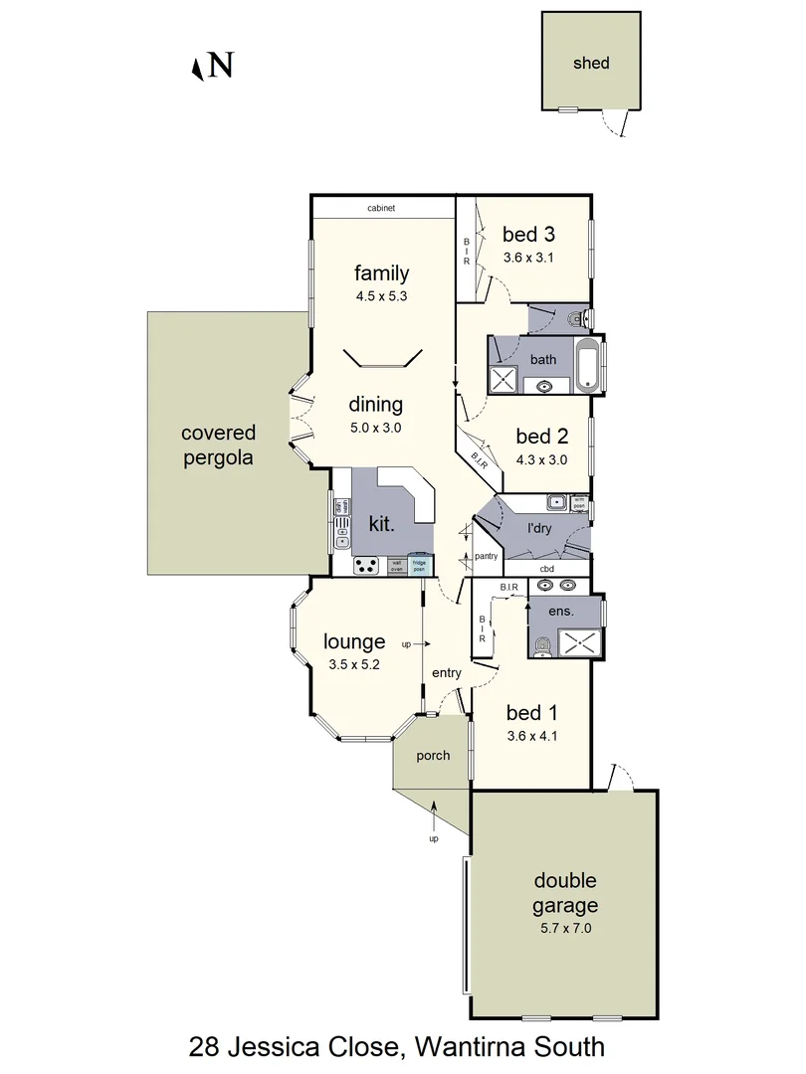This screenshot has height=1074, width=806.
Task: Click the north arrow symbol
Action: (x=198, y=68)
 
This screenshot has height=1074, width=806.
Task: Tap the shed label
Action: (x=591, y=63)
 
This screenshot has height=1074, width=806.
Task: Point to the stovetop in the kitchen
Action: (x=366, y=565)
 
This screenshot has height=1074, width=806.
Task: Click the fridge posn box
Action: (x=421, y=564)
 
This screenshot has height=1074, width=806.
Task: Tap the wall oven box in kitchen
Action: (x=396, y=564)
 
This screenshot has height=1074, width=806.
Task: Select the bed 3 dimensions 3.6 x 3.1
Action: (x=528, y=257)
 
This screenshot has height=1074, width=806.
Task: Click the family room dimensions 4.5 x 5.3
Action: (x=382, y=295)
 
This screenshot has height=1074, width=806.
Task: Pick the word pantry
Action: (x=486, y=557)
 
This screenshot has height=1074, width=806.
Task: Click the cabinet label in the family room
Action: (x=381, y=208)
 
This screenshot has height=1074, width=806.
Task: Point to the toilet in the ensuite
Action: (x=541, y=648)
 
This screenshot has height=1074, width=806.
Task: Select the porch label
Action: (x=434, y=756)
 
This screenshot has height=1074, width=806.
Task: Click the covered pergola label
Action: (x=219, y=446)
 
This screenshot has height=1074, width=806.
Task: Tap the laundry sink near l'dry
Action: (x=556, y=504)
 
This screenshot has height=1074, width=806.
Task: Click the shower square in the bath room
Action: (x=505, y=380)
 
